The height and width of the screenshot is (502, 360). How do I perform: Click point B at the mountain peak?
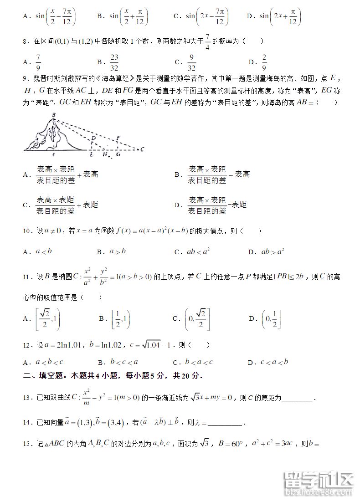(x=53, y=115)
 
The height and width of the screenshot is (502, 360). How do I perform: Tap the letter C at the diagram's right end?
(x=142, y=149)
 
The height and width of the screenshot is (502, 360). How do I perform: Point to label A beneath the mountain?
(x=54, y=154)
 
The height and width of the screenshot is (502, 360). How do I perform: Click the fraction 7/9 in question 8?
(x=38, y=61)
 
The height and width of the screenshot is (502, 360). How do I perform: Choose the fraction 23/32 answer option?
(x=114, y=61)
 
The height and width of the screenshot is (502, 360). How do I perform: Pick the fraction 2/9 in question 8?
(x=264, y=61)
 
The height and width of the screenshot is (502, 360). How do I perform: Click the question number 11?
(x=26, y=277)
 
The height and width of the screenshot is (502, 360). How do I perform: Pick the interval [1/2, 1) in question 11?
(x=121, y=319)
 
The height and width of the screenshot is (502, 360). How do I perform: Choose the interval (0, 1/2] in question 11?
(x=272, y=319)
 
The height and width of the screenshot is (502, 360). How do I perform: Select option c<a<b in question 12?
(x=274, y=363)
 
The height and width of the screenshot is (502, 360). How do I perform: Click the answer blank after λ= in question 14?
(x=226, y=423)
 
